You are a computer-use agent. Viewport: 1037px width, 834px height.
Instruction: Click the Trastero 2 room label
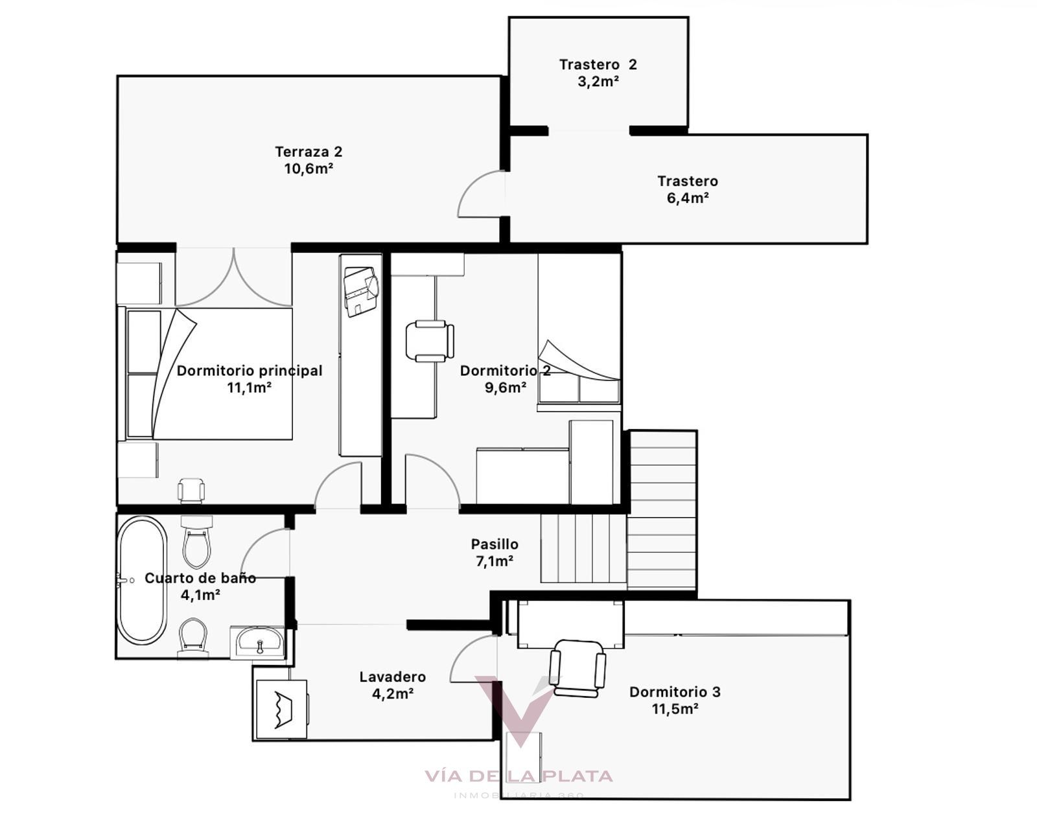pyautogui.click(x=598, y=65)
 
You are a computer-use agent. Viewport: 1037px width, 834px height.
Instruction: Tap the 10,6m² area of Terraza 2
pyautogui.click(x=309, y=168)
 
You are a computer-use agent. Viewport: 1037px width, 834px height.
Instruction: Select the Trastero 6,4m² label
pyautogui.click(x=688, y=189)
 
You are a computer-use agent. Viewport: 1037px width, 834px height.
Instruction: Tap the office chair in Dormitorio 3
pyautogui.click(x=577, y=668)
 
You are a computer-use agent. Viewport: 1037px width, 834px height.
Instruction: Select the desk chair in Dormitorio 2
pyautogui.click(x=429, y=341)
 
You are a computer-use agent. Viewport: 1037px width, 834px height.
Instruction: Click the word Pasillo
pyautogui.click(x=495, y=544)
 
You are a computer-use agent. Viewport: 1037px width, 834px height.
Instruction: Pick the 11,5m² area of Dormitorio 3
pyautogui.click(x=675, y=709)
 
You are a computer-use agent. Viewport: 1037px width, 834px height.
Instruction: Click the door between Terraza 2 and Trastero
pyautogui.click(x=481, y=193)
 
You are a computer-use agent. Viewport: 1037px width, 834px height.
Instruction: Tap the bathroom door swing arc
pyautogui.click(x=265, y=553)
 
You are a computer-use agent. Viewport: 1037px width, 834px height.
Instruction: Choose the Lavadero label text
pyautogui.click(x=393, y=677)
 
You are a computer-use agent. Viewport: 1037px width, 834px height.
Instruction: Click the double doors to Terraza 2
pyautogui.click(x=234, y=277)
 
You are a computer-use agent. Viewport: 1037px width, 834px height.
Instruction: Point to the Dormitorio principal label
pyautogui.click(x=250, y=371)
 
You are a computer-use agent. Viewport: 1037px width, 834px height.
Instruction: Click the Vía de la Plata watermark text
pyautogui.click(x=518, y=776)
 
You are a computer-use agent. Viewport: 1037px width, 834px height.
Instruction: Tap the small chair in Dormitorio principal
pyautogui.click(x=191, y=491)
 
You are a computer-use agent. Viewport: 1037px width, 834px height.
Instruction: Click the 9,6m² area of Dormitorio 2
pyautogui.click(x=506, y=388)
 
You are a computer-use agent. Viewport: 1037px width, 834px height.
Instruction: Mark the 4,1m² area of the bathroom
pyautogui.click(x=200, y=595)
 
